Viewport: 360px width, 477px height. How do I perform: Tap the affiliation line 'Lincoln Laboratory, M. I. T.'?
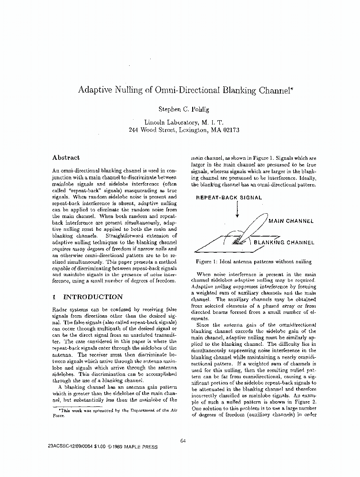point(184,122)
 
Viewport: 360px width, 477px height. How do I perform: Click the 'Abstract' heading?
point(66,158)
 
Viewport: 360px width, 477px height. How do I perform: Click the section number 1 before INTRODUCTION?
point(55,297)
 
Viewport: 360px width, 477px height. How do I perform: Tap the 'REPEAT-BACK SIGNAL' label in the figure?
point(229,197)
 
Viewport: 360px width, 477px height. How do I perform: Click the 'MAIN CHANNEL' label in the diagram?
point(291,221)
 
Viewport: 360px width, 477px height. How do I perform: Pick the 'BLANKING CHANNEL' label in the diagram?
point(284,242)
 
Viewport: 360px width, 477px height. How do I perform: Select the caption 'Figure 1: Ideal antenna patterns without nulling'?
point(253,261)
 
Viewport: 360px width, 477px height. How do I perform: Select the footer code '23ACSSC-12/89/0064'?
point(69,447)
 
